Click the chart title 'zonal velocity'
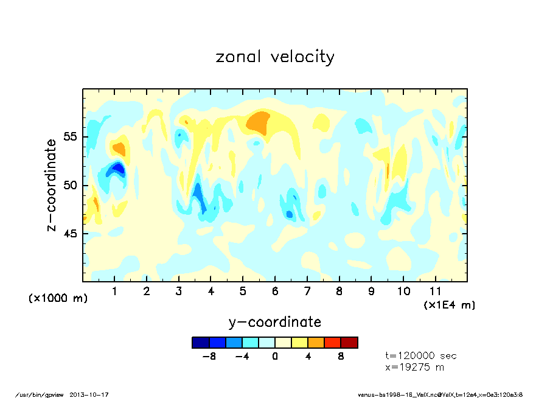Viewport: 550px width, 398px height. click(275, 57)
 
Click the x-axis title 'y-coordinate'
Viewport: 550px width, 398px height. click(275, 322)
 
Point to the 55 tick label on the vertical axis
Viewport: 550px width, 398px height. click(71, 136)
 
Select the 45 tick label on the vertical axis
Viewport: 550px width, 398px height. click(71, 234)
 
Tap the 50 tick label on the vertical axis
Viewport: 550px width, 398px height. click(71, 185)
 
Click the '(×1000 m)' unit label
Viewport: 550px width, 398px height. click(58, 298)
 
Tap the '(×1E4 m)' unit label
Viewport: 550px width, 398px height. click(450, 304)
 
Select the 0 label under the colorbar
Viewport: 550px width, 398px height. click(275, 357)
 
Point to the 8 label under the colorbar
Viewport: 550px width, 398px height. click(341, 357)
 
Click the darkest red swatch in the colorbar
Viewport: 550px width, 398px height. click(349, 343)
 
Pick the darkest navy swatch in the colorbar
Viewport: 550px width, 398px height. click(201, 343)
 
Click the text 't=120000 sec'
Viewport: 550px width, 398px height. click(421, 355)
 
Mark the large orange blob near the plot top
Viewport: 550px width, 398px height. click(259, 124)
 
